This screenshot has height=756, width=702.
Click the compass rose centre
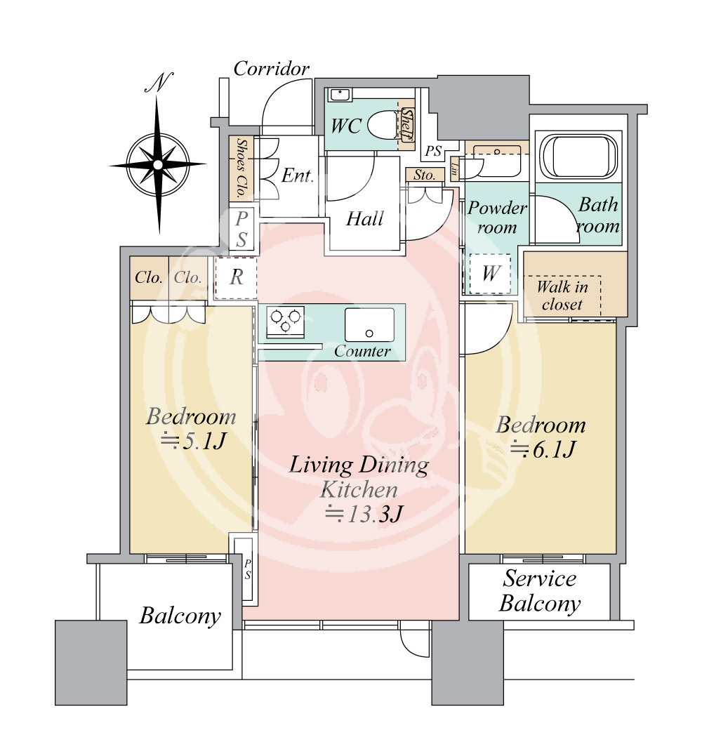[x=158, y=165]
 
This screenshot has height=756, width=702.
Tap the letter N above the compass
[x=159, y=82]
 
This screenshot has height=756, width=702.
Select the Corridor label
[x=272, y=69]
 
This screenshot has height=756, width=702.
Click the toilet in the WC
[x=384, y=124]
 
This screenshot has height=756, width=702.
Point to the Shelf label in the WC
[x=407, y=124]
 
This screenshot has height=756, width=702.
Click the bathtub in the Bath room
[x=578, y=157]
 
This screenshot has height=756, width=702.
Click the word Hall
[x=365, y=219]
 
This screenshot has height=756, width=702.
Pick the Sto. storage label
[x=424, y=175]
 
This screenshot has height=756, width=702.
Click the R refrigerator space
[x=237, y=278]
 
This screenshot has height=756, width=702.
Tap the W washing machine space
[x=490, y=273]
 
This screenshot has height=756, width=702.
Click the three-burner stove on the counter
[x=286, y=321]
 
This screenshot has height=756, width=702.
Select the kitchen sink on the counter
[x=369, y=324]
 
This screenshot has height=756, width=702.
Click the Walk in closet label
[x=562, y=296]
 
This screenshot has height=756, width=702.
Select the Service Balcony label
[x=540, y=590]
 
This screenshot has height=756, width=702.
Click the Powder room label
[x=497, y=217]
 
